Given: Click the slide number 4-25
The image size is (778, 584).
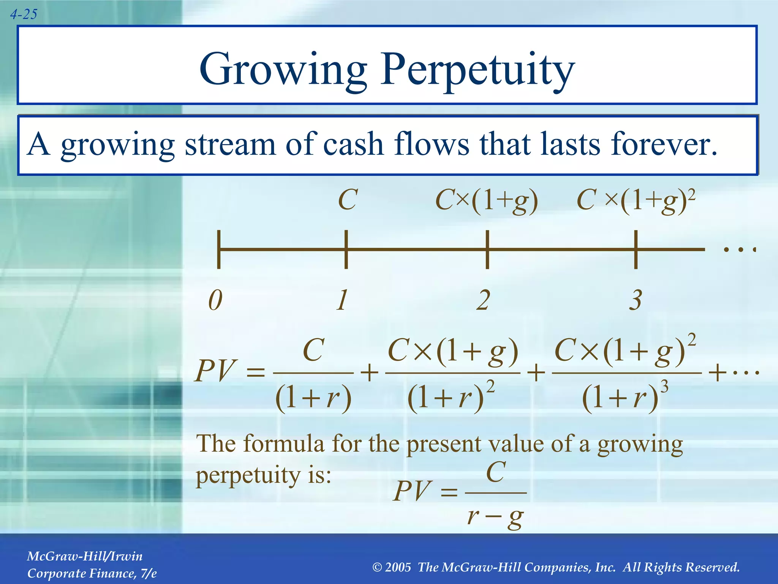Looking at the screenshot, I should [x=24, y=14].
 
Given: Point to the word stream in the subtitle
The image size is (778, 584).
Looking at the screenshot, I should [x=229, y=144].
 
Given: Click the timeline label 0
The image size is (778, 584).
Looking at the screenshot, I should [x=215, y=300].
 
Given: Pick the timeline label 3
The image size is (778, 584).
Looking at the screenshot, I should [x=636, y=300].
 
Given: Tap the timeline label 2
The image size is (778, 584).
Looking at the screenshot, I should [x=483, y=300].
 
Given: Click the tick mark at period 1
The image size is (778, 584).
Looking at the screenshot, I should [x=346, y=249].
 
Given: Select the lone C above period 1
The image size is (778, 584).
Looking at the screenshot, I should [x=348, y=200].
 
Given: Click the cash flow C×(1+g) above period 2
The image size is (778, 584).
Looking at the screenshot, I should [x=487, y=201].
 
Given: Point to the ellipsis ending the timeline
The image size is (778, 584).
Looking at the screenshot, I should [x=739, y=250].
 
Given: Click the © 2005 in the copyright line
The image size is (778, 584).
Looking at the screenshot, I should [x=392, y=567].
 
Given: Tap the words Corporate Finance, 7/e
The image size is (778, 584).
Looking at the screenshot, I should [x=92, y=573].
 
